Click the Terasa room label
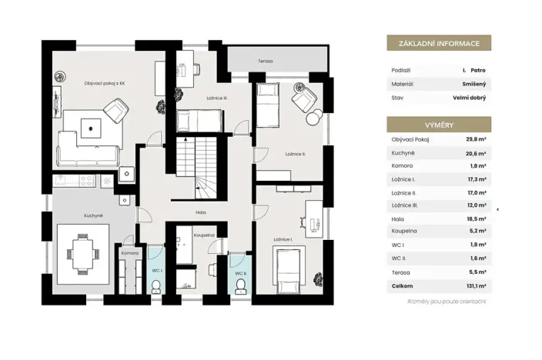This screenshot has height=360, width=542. pos(266,61)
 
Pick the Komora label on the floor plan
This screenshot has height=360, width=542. pos(129,252)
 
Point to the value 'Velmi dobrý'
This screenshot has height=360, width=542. pos(469,98)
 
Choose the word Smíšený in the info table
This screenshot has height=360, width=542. pos(474,83)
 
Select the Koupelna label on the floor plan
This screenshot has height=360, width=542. pos(203,235)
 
